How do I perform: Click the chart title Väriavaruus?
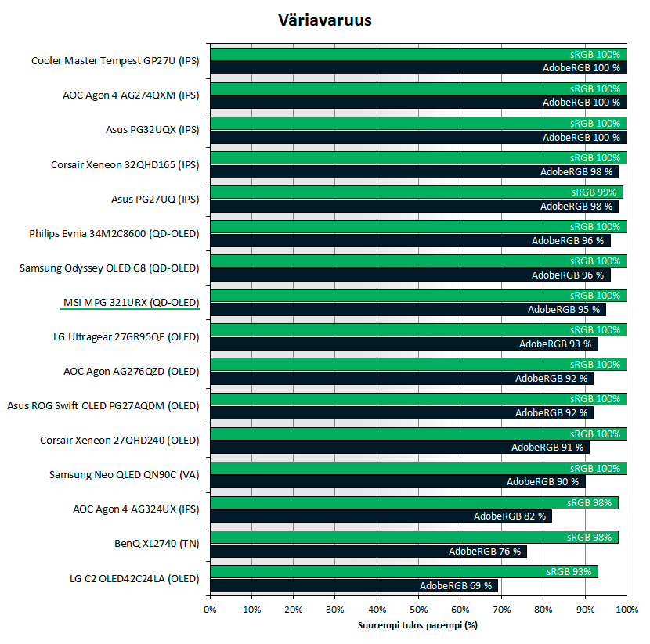[x=325, y=20]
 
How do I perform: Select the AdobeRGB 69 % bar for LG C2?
[x=354, y=585]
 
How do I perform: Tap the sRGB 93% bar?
[x=404, y=571]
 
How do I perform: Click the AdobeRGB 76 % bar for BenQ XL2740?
[x=368, y=551]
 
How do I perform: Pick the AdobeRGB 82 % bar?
[x=381, y=516]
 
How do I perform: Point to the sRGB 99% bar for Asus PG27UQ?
[x=416, y=192]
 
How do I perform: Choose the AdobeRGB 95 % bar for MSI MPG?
[x=407, y=310]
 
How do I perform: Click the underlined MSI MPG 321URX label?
[x=131, y=302]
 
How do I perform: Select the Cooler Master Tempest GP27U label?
[x=115, y=61]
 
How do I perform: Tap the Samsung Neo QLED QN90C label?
[x=124, y=474]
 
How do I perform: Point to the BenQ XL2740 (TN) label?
[x=157, y=543]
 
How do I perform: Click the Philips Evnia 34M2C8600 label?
[x=114, y=233]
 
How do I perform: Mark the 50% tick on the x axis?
[x=418, y=610]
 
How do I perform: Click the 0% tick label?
[x=210, y=610]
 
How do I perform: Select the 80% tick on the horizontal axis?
[x=543, y=610]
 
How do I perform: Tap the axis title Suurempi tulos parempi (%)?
[x=417, y=625]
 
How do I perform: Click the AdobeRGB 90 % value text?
[x=543, y=482]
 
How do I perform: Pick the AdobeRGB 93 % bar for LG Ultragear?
[x=403, y=344]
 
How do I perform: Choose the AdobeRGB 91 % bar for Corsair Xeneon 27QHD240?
[x=399, y=448]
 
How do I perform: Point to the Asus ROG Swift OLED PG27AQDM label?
[x=103, y=405]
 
